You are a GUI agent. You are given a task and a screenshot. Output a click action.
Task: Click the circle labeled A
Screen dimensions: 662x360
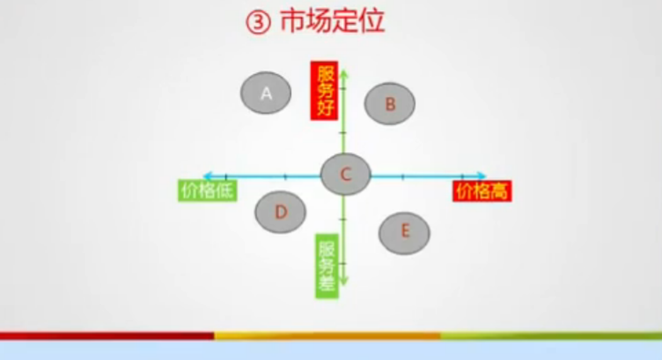tap(266, 92)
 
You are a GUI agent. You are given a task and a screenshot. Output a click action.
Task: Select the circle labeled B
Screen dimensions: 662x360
tap(390, 104)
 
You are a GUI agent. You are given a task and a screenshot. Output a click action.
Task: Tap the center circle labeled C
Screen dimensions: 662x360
tap(345, 174)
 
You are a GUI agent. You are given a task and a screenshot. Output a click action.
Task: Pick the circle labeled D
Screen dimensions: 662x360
tap(280, 211)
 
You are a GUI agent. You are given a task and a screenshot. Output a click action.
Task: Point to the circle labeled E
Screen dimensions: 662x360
tap(404, 231)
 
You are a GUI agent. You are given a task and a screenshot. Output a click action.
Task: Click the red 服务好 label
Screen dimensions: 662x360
tap(325, 91)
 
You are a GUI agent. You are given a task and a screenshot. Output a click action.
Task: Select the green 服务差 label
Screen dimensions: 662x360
tap(327, 264)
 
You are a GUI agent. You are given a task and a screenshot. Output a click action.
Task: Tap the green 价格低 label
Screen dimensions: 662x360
tap(208, 190)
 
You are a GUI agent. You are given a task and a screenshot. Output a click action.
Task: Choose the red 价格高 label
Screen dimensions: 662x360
tap(482, 190)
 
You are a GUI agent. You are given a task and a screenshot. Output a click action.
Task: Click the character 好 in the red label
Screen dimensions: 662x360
tap(325, 110)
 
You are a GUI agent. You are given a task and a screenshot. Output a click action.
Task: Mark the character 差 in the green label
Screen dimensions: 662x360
tap(327, 283)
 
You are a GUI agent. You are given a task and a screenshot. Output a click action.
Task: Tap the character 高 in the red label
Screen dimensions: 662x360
tap(501, 190)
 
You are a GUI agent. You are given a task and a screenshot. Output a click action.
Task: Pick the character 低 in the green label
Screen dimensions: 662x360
tap(225, 190)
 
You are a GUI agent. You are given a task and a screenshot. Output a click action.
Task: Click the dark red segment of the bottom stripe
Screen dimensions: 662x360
tap(106, 335)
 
